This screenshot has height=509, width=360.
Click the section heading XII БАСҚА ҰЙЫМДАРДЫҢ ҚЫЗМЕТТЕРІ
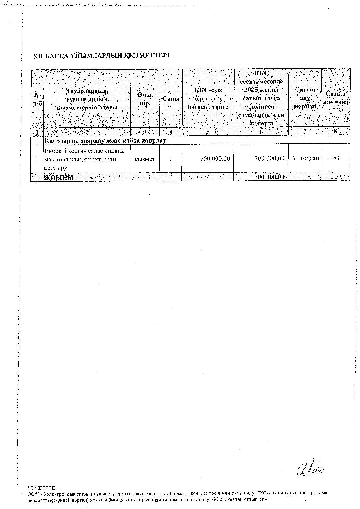[x=101, y=56]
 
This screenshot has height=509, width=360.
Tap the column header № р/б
[x=37, y=99]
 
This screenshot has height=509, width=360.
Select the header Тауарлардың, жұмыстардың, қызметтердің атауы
[x=87, y=99]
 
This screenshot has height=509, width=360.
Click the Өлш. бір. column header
[x=145, y=99]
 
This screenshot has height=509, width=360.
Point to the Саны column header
[x=171, y=99]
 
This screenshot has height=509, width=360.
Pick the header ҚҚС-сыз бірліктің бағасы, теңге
[x=208, y=99]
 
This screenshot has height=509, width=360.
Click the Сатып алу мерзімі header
[x=305, y=98]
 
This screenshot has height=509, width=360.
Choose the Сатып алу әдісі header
[x=336, y=98]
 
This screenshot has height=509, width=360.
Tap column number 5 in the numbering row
[x=208, y=132]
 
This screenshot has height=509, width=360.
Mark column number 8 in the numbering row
[x=336, y=131]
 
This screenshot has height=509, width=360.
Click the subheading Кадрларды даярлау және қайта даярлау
[x=105, y=141]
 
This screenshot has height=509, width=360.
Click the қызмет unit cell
[x=145, y=159]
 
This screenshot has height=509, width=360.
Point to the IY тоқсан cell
[x=304, y=158]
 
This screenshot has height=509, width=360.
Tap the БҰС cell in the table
[x=335, y=158]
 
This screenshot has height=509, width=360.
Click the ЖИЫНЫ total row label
[x=59, y=177]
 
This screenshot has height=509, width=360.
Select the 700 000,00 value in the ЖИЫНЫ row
[x=269, y=177]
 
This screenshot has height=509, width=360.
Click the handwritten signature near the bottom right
[x=310, y=469]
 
